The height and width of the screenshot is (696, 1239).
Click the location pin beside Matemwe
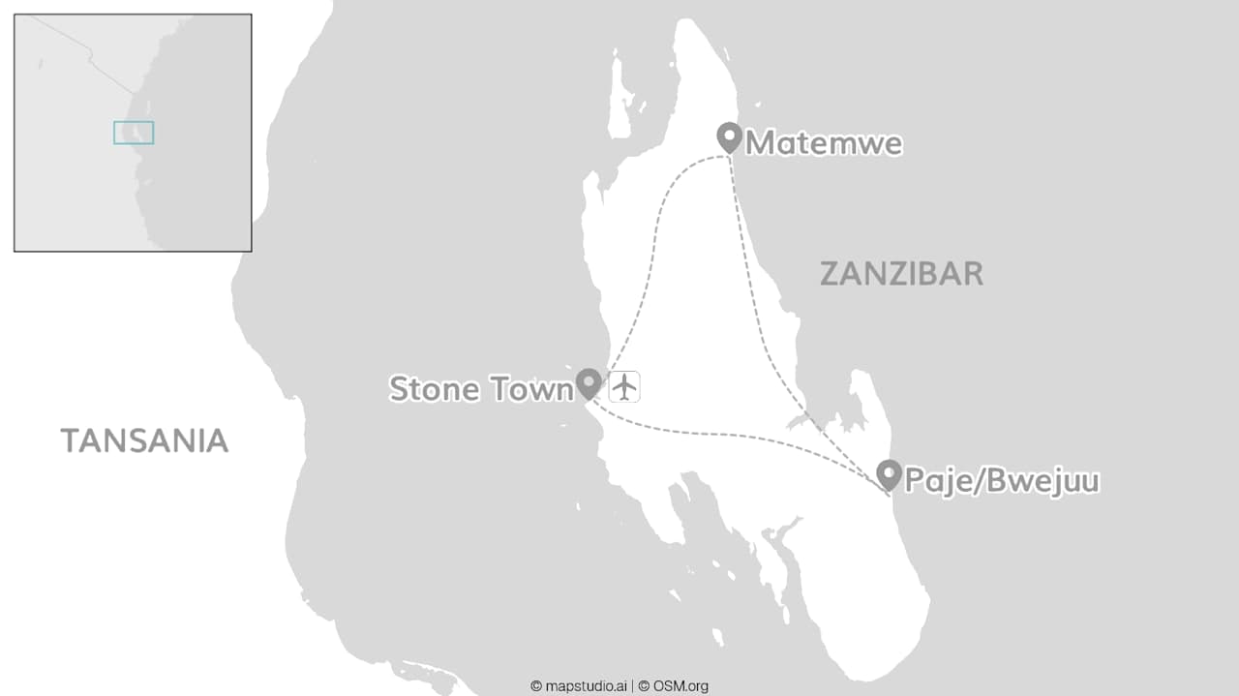(729, 137)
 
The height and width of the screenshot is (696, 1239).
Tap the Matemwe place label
(824, 143)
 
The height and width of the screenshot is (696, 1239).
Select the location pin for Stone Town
(589, 383)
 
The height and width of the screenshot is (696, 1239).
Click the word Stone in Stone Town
(434, 389)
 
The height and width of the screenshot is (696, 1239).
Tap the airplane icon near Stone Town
(624, 386)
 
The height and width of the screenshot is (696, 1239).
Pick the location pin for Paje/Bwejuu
(889, 474)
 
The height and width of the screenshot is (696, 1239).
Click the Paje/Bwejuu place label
(1002, 480)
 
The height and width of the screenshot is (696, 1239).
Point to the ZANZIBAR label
(901, 274)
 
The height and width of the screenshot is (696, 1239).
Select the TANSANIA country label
(145, 440)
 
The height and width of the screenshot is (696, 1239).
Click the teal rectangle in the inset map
(134, 133)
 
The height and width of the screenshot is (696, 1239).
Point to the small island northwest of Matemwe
(619, 102)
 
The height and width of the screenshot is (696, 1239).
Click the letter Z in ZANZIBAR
(830, 274)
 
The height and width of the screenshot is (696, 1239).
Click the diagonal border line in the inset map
(92, 60)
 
